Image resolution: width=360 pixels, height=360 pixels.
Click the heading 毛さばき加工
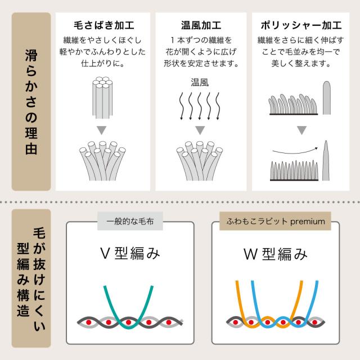point(103,25)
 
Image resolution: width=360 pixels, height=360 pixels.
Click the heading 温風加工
point(201,25)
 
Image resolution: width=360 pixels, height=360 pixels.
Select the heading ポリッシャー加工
point(301,25)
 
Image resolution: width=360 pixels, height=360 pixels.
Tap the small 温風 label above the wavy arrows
point(200,83)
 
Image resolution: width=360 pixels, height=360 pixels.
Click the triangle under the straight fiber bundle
point(101,130)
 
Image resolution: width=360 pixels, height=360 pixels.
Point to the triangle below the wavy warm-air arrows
point(200,130)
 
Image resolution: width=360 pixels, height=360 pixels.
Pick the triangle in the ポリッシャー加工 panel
point(301,130)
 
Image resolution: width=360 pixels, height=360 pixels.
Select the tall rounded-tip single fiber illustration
point(327,97)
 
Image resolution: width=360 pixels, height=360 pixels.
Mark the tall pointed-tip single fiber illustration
point(326,161)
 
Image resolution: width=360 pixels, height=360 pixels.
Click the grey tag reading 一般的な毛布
point(130,221)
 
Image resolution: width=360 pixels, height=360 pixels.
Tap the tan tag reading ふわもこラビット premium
point(275,221)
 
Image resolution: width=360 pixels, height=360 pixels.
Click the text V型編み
point(130,254)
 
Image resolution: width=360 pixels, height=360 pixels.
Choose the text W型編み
point(275,254)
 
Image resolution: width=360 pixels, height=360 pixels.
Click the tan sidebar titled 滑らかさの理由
point(31,101)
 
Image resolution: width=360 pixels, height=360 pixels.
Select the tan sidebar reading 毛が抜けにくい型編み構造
point(31,278)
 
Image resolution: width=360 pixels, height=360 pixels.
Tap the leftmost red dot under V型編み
point(89,322)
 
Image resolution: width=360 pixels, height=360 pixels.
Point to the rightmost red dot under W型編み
point(315,322)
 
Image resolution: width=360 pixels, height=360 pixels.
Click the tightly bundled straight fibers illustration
point(102,98)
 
